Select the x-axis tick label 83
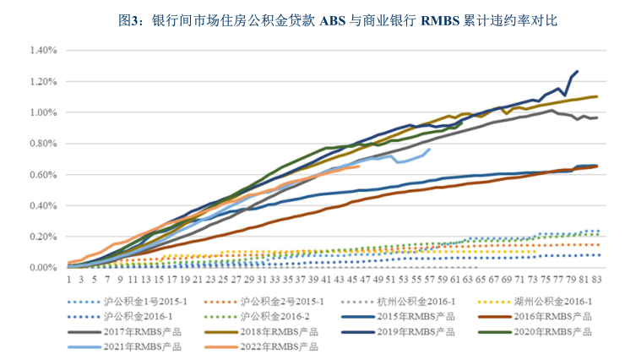pos(597,277)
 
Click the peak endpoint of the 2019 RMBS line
pos(578,72)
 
